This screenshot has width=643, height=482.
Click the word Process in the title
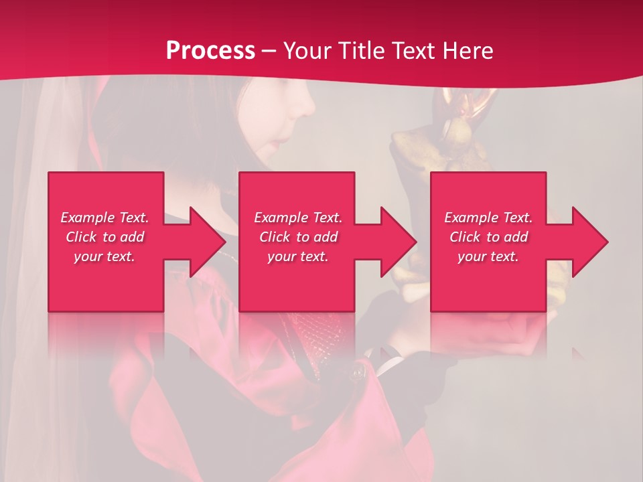(x=210, y=51)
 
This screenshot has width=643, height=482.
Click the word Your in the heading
(x=308, y=51)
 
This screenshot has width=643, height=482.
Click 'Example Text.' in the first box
(x=104, y=218)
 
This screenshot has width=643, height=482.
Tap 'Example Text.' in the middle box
(x=298, y=218)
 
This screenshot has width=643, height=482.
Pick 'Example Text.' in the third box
(x=488, y=218)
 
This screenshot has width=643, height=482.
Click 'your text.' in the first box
(x=104, y=256)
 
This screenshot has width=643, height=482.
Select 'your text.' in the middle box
(x=298, y=256)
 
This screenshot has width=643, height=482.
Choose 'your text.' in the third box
(x=488, y=256)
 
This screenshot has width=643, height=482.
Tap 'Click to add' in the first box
(x=104, y=237)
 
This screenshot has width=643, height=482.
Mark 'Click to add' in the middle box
(x=298, y=237)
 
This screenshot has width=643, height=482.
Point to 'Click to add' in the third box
(x=488, y=237)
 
